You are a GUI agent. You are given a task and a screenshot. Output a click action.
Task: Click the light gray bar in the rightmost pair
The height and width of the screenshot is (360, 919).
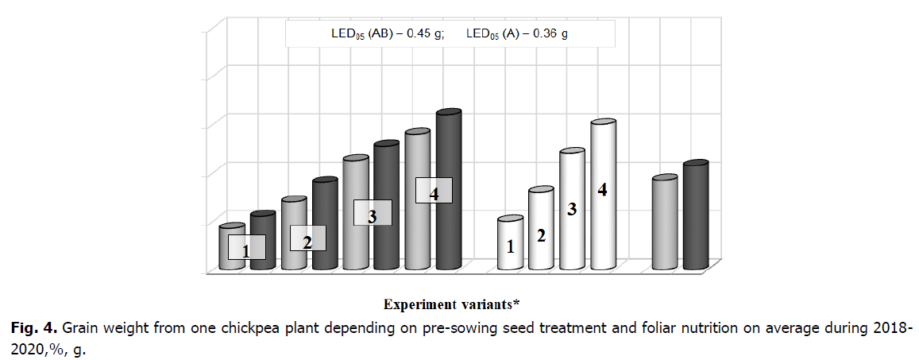(664, 223)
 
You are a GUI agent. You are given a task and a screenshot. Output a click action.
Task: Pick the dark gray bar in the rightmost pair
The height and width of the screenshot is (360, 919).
(695, 215)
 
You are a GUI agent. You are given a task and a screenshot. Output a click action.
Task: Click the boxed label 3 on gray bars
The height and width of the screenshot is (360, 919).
(372, 214)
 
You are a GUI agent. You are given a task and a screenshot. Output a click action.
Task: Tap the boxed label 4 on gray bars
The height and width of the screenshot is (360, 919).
(434, 191)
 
